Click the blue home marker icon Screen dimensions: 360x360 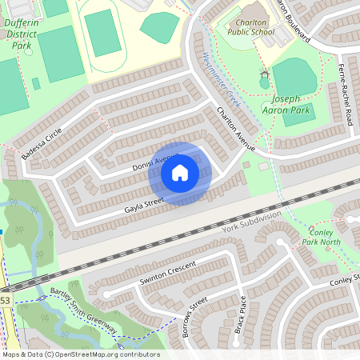coord(179,173)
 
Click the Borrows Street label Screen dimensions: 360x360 coord(194,317)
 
